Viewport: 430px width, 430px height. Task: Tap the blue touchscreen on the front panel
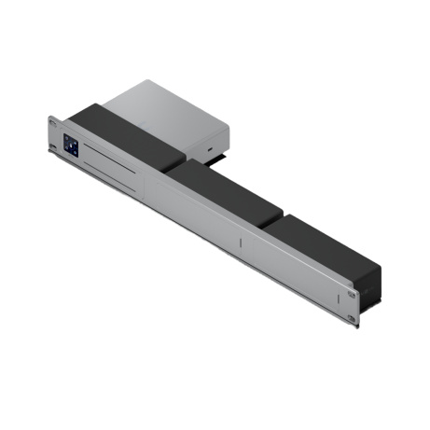(x=71, y=146)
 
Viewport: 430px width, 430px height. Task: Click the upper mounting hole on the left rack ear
(x=53, y=124)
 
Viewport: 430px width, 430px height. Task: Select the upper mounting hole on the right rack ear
(x=353, y=294)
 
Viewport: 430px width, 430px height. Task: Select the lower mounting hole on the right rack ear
(x=352, y=317)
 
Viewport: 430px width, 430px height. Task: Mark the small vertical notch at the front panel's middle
(x=240, y=243)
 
